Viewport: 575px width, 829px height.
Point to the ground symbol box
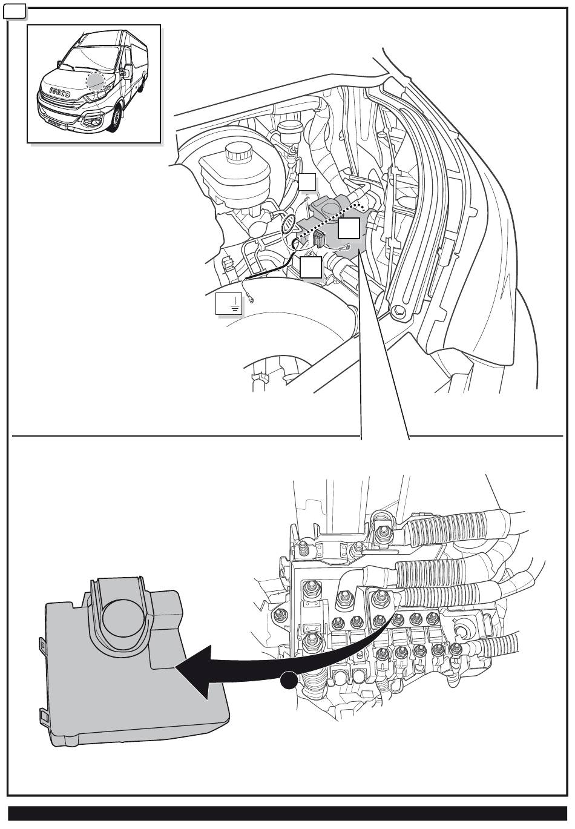coord(229,304)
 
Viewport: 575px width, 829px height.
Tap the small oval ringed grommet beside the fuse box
coord(289,224)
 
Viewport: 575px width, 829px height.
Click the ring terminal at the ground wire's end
coord(250,297)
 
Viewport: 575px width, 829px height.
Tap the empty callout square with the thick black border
coord(310,267)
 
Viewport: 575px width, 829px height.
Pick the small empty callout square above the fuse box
coord(308,182)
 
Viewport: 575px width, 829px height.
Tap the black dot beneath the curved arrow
coord(289,680)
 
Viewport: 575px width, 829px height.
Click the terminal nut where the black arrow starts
coord(380,599)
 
